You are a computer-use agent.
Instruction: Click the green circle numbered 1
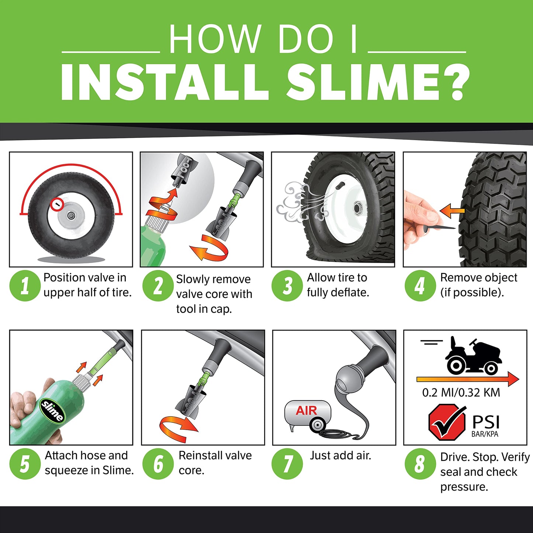[x=25, y=285]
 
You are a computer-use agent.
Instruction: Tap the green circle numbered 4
[x=420, y=285]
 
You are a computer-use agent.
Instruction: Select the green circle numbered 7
[x=287, y=464]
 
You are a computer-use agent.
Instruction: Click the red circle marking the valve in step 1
[x=57, y=204]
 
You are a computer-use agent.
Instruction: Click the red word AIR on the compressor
[x=306, y=411]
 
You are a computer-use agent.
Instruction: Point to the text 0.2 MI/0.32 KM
[x=461, y=392]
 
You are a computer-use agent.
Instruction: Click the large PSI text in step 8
[x=486, y=422]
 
